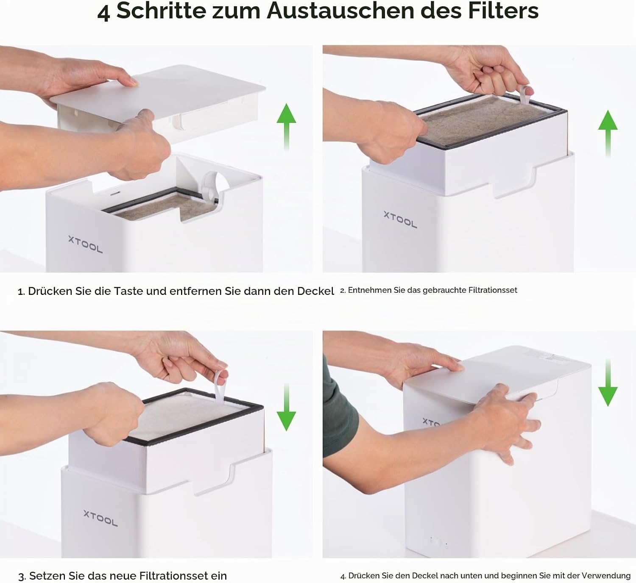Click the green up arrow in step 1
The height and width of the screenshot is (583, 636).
[x=286, y=127]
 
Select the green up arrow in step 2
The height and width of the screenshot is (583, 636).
[x=608, y=134]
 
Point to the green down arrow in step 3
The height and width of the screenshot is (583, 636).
[x=286, y=407]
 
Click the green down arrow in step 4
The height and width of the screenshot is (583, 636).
[x=608, y=383]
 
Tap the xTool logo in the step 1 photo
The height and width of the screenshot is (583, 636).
[x=85, y=244]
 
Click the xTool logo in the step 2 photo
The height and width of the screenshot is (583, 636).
[x=400, y=219]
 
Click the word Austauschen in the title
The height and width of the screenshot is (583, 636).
[x=341, y=11]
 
